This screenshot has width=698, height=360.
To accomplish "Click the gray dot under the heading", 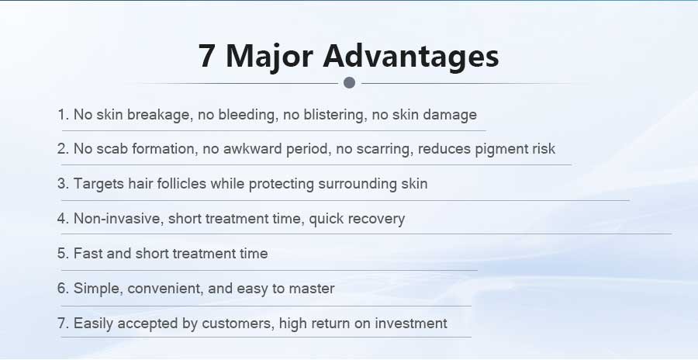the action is pos(350,82).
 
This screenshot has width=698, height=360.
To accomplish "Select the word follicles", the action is pos(181,184).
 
